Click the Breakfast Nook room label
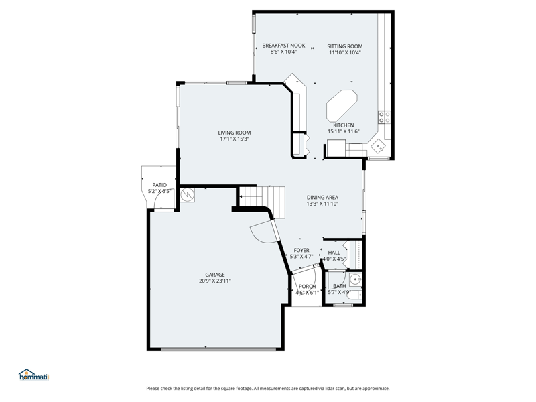(283, 46)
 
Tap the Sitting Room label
(345, 46)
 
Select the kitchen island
(342, 106)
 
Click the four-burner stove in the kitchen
(384, 117)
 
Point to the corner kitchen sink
(379, 147)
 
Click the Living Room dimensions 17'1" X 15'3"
(234, 139)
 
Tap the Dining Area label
(322, 197)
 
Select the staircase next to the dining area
(262, 202)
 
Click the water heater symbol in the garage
(188, 195)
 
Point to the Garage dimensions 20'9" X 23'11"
(215, 281)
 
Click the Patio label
(159, 185)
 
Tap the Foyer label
(301, 250)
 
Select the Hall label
(334, 253)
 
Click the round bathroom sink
(356, 280)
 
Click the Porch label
(308, 287)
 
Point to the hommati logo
(34, 375)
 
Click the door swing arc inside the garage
(260, 236)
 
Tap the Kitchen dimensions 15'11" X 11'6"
(344, 131)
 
